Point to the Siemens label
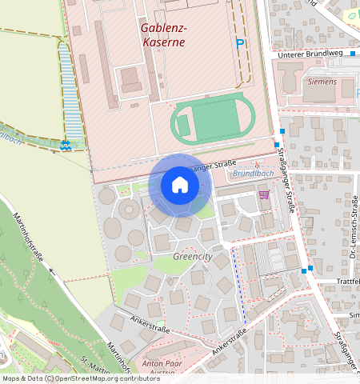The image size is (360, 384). [322, 82]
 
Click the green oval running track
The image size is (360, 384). [213, 121]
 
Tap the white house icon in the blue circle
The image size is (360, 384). [180, 186]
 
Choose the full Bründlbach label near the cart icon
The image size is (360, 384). [252, 173]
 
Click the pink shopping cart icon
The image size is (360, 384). [264, 194]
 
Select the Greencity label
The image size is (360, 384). [193, 257]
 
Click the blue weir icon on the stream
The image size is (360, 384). [66, 145]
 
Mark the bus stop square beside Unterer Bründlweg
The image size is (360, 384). [351, 54]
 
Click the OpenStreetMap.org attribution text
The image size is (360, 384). [87, 378]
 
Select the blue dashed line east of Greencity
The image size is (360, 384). [238, 284]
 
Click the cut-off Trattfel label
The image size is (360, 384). [349, 281]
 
